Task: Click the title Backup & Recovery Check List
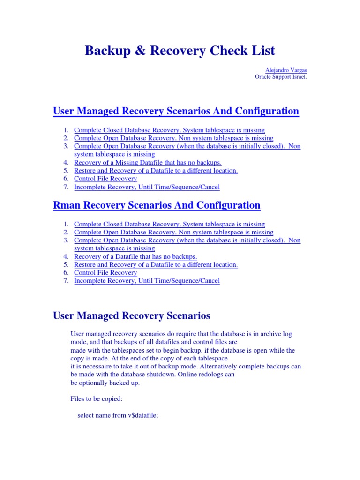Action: [180, 51]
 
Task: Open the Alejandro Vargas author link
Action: [285, 70]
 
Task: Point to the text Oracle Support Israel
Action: [281, 77]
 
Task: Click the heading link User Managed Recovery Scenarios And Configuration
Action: [176, 111]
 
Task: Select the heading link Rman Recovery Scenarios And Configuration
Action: [157, 205]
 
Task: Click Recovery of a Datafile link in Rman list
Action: [135, 256]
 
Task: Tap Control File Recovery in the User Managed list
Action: [105, 179]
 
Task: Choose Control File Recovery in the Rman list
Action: [105, 272]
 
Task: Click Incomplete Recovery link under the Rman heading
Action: [147, 281]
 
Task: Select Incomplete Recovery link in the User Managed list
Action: [147, 187]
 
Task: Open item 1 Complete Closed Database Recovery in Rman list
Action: [169, 224]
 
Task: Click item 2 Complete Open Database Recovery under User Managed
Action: [173, 138]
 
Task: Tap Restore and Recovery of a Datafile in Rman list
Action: [156, 264]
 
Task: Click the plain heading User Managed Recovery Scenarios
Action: [132, 316]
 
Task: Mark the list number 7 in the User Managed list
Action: [66, 187]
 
